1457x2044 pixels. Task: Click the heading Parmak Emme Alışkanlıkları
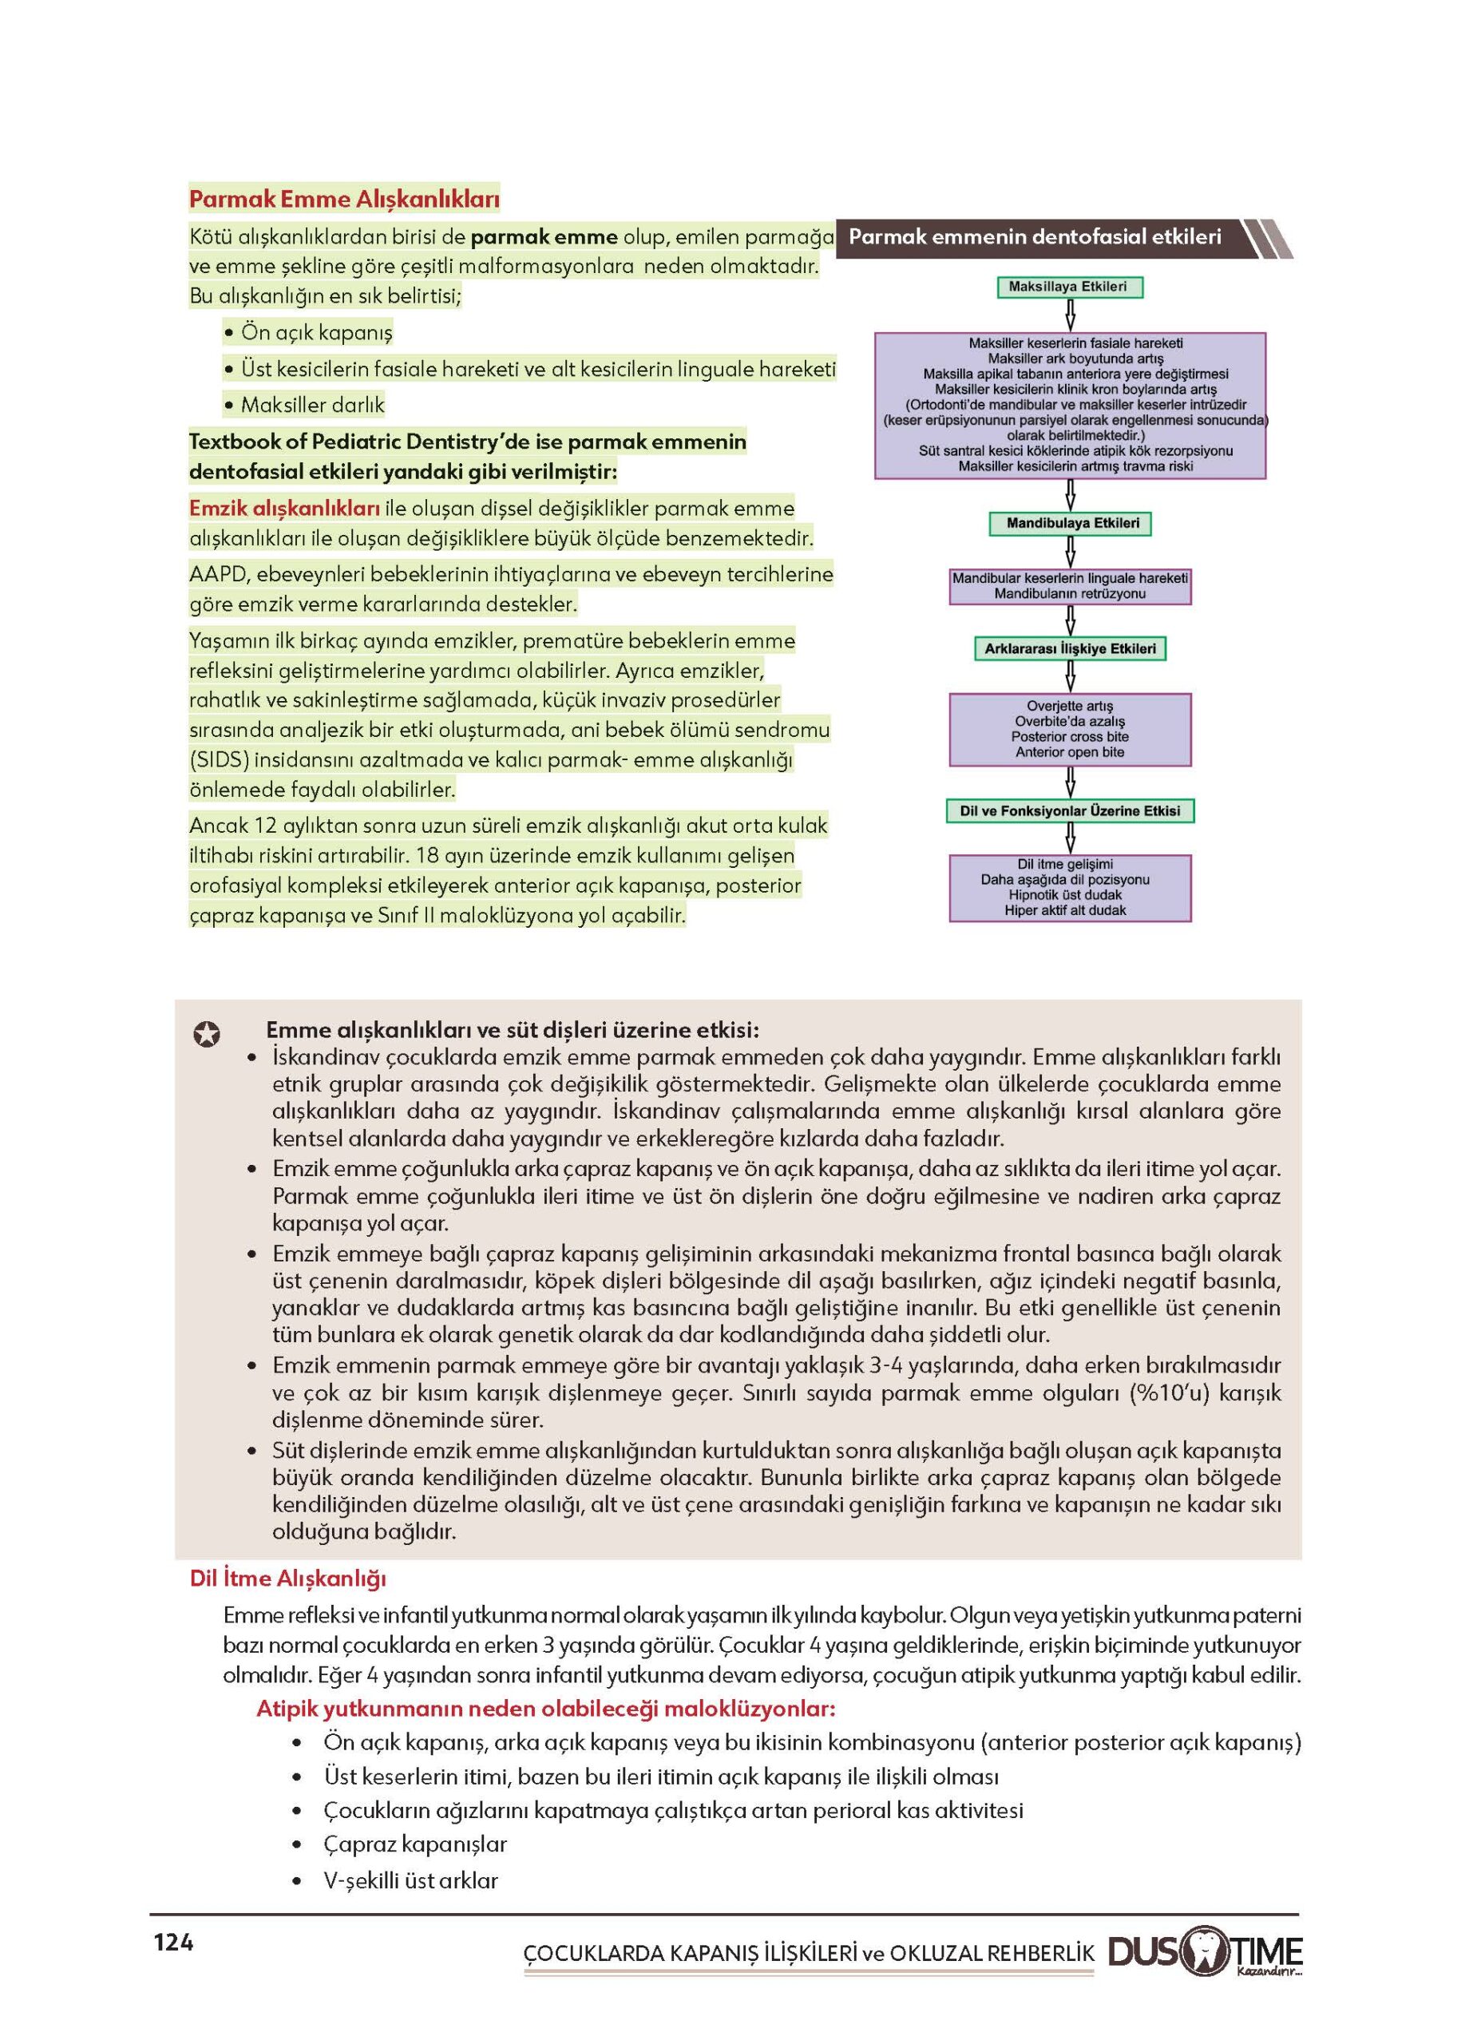343,198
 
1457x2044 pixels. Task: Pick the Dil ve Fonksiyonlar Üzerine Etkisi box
1070,811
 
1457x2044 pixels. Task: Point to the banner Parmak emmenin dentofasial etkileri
1035,238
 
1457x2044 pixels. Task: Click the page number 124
173,1943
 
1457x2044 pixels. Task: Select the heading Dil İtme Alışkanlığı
287,1579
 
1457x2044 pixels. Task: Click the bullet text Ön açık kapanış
317,333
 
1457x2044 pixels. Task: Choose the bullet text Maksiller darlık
312,406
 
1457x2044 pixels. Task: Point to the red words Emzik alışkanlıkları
284,509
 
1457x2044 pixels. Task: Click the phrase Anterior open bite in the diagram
1070,752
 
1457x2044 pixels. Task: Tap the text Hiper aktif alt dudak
1065,910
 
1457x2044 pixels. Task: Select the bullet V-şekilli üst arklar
410,1880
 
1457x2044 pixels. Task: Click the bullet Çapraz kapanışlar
415,1845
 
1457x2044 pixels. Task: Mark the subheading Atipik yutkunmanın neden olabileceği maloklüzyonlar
545,1709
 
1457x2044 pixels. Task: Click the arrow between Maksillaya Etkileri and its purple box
1070,315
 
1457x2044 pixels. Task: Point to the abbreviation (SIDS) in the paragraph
219,760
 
